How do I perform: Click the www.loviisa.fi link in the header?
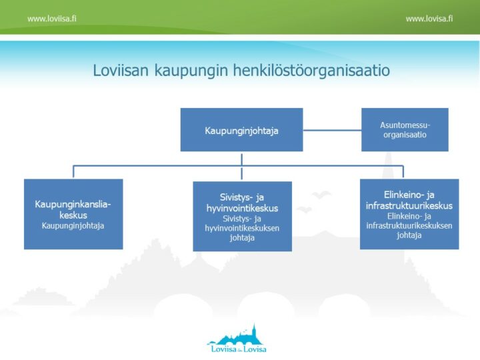(x=51, y=19)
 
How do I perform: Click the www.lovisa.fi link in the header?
(x=429, y=19)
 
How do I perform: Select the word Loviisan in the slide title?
(x=120, y=71)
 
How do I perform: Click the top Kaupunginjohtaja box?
(x=241, y=130)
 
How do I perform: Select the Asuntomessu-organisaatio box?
(x=405, y=130)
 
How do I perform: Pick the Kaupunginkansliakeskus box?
(x=73, y=214)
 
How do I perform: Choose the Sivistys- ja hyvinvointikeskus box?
(x=242, y=217)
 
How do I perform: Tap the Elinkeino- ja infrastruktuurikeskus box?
(x=409, y=214)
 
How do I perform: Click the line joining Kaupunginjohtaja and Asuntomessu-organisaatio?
(x=332, y=130)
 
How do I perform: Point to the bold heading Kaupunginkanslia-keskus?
(x=73, y=209)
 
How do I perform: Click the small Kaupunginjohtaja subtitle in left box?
(x=73, y=226)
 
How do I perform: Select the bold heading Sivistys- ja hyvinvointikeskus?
(x=242, y=203)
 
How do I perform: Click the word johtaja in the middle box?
(x=242, y=238)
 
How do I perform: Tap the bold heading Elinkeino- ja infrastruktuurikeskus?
(x=409, y=200)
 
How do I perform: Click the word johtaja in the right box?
(x=409, y=235)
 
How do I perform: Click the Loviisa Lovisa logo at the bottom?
(x=237, y=339)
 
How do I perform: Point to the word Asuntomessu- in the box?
(x=405, y=125)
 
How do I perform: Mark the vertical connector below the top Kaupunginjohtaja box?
(x=241, y=158)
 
